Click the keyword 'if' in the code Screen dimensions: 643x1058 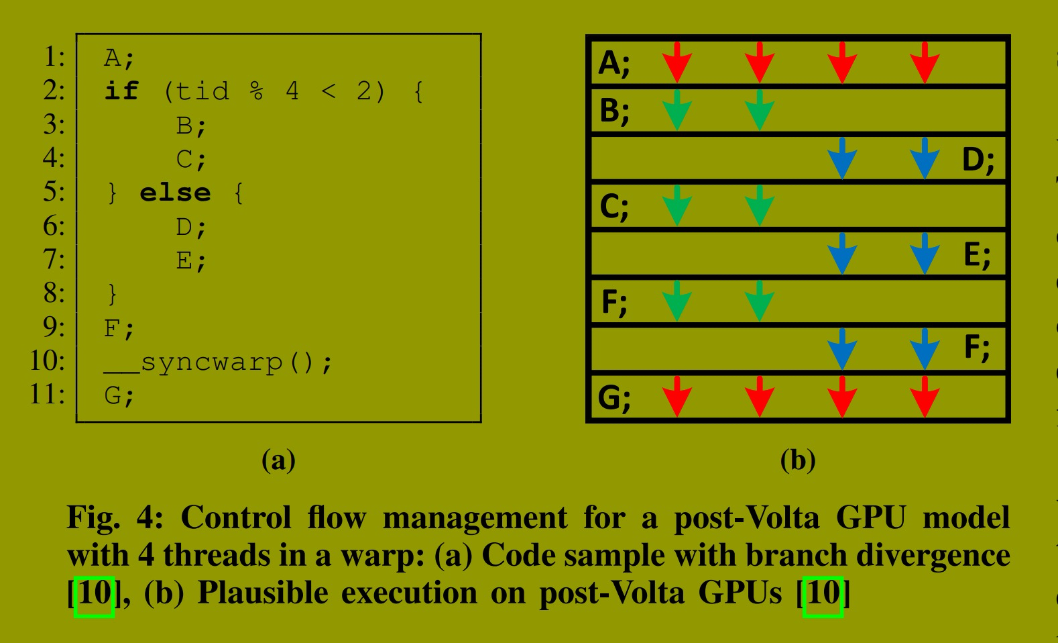121,91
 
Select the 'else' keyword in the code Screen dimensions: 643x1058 175,193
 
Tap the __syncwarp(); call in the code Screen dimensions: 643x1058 218,362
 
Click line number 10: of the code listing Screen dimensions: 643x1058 47,360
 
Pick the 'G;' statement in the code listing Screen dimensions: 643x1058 119,396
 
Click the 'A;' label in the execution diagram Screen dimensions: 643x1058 614,63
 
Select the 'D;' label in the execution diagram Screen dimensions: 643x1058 978,160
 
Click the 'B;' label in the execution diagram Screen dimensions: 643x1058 614,111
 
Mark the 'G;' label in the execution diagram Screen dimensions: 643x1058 614,398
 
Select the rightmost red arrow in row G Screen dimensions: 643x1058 925,397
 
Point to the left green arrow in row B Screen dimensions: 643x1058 677,109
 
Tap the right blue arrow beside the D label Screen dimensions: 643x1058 925,158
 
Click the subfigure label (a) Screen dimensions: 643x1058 278,460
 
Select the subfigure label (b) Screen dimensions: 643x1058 798,460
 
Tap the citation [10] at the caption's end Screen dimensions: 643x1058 823,593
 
